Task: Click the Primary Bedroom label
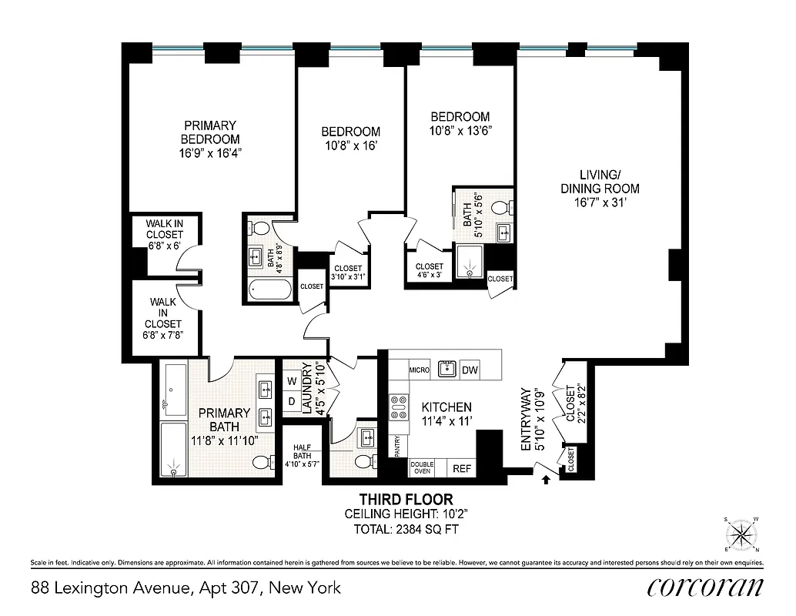click(x=209, y=132)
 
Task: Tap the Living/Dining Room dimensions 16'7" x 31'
click(x=600, y=203)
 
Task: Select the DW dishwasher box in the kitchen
click(x=470, y=370)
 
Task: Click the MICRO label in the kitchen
click(x=419, y=370)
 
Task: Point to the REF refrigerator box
click(x=461, y=467)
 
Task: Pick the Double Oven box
click(x=422, y=467)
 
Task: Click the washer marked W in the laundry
click(x=292, y=381)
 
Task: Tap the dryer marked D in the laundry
click(x=292, y=401)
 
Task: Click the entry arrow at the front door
click(x=546, y=480)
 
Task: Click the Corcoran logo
click(x=705, y=588)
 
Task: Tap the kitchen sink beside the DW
click(x=446, y=369)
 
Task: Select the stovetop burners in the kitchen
click(x=400, y=407)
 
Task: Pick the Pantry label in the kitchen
click(x=397, y=446)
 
